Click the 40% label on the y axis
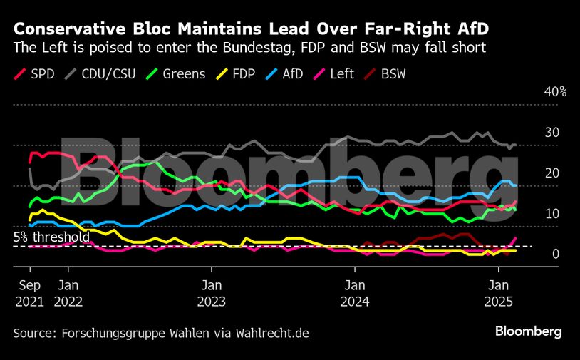(x=555, y=92)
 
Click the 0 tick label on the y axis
(x=556, y=254)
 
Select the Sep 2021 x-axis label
(x=29, y=293)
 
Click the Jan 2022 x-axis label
(x=68, y=293)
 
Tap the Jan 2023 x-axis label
(x=211, y=293)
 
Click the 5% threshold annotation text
(x=51, y=237)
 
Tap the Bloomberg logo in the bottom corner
(x=529, y=331)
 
